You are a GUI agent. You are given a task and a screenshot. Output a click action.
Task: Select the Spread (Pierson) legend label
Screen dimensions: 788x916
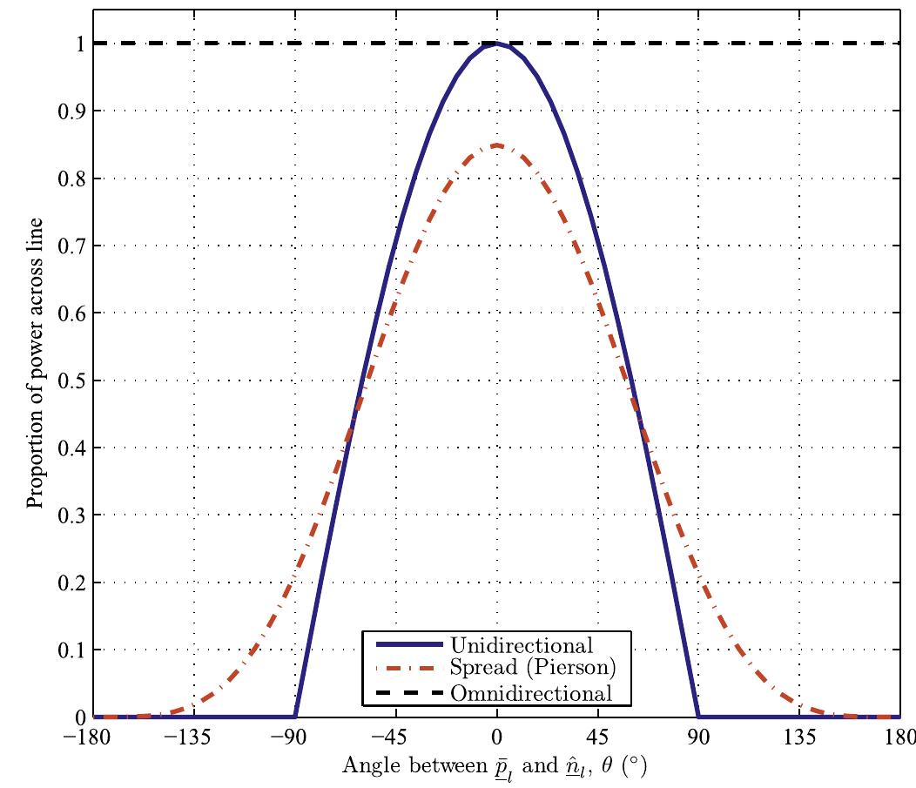[527, 670]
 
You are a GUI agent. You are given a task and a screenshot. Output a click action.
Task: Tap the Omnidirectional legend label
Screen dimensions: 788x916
[531, 694]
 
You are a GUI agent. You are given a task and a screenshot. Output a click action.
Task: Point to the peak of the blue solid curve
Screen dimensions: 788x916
[496, 44]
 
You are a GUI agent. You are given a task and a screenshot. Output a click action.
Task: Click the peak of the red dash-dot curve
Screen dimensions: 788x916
[496, 145]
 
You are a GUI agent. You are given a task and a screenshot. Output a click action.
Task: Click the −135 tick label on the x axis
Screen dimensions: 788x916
[193, 737]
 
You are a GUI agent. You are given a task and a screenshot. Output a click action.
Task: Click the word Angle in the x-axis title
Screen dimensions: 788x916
[367, 766]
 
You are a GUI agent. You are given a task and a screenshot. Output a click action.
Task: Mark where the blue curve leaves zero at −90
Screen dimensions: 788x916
[295, 717]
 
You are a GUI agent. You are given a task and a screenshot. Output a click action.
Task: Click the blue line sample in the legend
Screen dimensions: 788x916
[405, 646]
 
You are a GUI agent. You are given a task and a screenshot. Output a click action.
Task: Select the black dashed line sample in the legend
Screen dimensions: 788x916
[405, 694]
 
